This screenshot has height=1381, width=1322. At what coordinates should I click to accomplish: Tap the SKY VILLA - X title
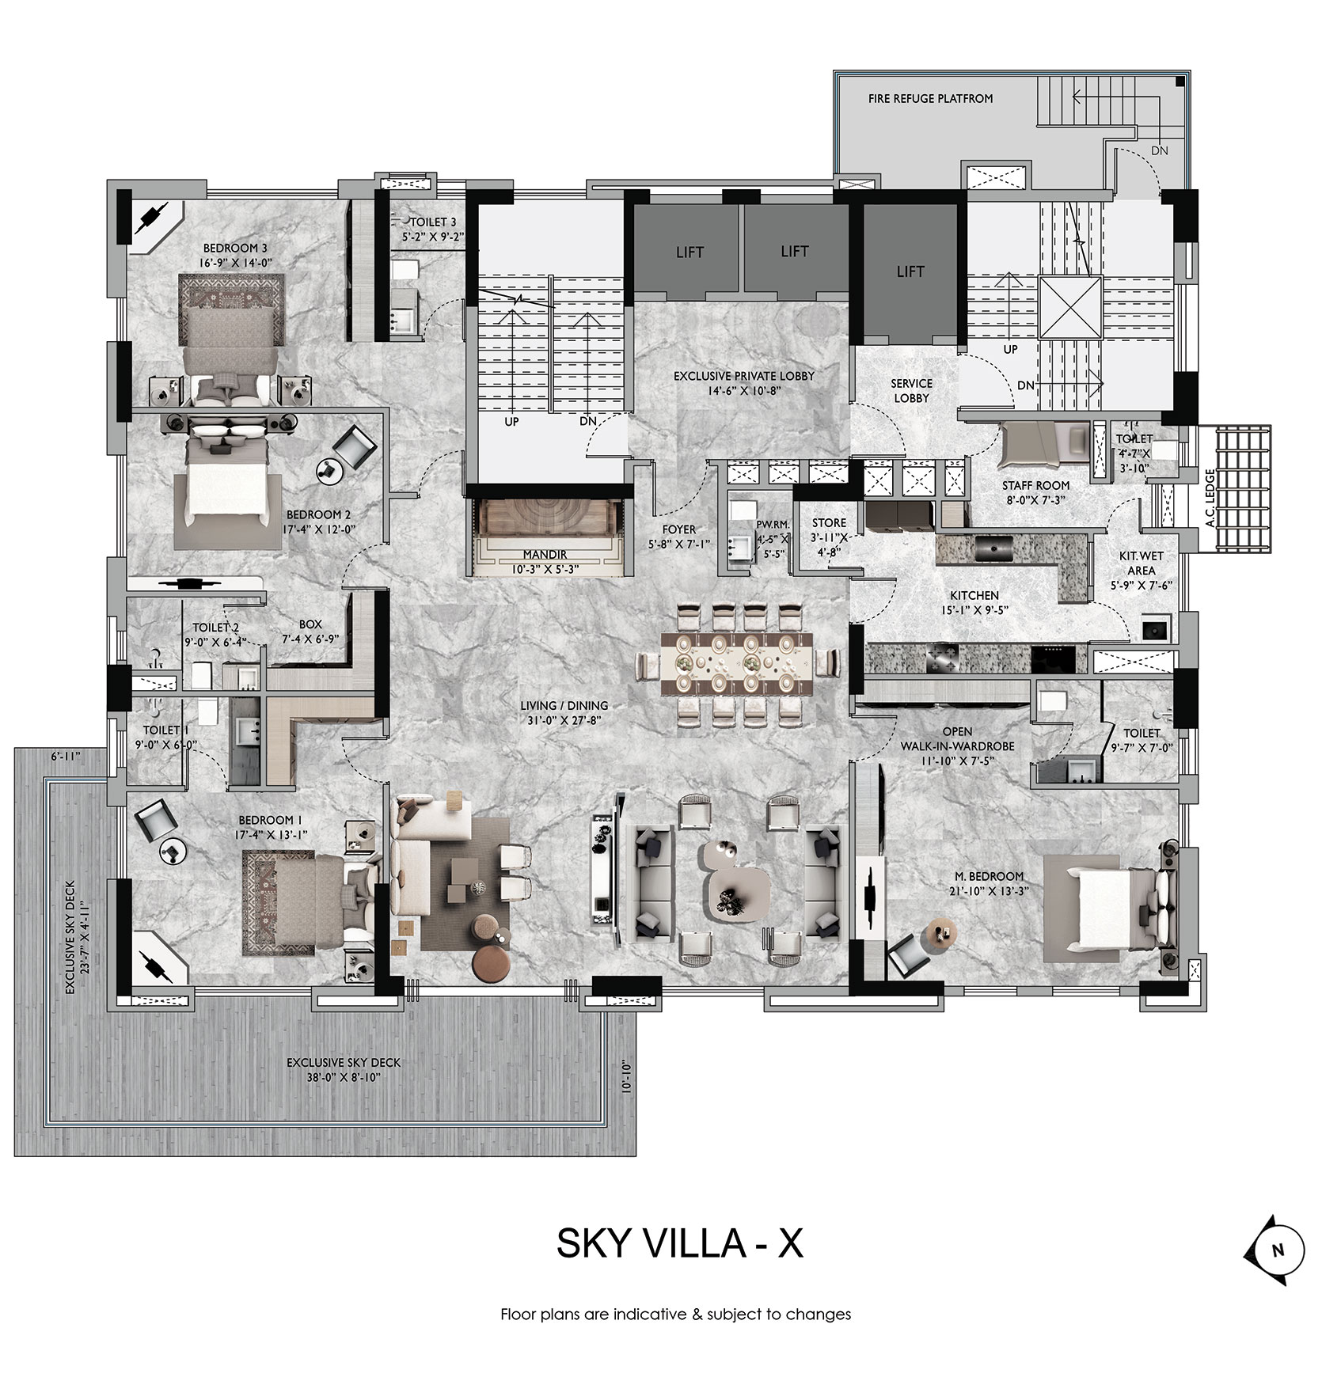click(x=680, y=1243)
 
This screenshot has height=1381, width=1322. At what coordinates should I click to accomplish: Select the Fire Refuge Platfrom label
click(x=930, y=99)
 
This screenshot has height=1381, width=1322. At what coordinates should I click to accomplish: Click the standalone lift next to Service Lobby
click(x=910, y=271)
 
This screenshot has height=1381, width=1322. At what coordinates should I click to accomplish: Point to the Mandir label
click(x=545, y=555)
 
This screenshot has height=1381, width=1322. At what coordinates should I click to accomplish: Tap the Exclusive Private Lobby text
click(x=744, y=376)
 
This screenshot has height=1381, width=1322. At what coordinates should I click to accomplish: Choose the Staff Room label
click(x=1035, y=485)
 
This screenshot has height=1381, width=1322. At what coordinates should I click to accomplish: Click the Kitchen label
click(x=974, y=595)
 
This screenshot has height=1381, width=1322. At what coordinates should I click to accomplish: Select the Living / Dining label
click(x=564, y=705)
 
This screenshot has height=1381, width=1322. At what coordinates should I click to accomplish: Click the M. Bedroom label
click(x=988, y=876)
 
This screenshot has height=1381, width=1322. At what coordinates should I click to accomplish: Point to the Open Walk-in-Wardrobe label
click(x=957, y=738)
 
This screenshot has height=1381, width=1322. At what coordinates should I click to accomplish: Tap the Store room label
click(x=829, y=523)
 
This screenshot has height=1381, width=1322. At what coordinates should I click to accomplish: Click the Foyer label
click(x=679, y=529)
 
